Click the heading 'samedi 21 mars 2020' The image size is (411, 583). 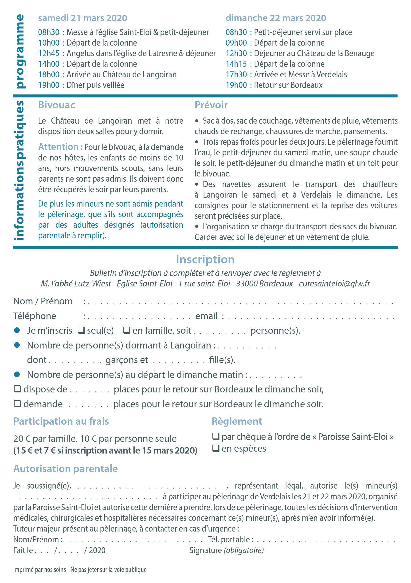coord(82,18)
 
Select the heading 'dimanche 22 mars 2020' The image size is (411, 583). coord(276,18)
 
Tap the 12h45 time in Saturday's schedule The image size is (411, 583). coord(49,53)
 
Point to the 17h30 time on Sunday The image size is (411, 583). coord(236,74)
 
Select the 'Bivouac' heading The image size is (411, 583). coord(57,105)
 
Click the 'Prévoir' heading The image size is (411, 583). coord(211,105)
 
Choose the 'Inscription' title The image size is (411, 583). coord(205,259)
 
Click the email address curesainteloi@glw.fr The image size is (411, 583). coord(334,283)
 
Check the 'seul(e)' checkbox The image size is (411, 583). coord(81,330)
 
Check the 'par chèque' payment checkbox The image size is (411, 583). coord(215,437)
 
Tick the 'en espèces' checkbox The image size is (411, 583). coord(215,448)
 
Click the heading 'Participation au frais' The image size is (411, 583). coord(61,421)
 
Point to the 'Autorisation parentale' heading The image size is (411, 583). coord(66,469)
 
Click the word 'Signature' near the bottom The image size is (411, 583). coord(206,551)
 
